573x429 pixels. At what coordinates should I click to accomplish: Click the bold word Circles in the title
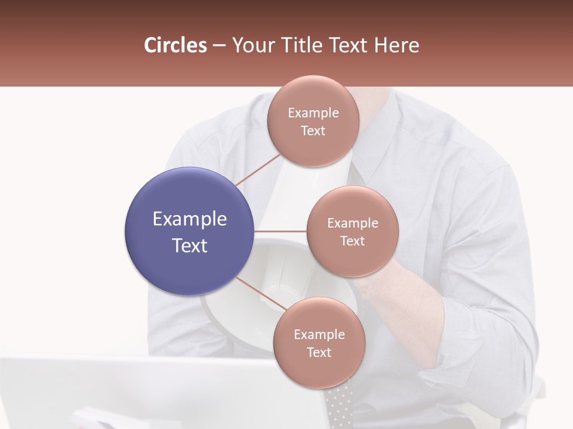click(175, 45)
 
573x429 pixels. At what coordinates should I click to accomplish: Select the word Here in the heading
click(396, 45)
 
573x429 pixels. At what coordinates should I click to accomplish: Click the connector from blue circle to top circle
click(257, 170)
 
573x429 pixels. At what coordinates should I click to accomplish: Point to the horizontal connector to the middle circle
click(280, 231)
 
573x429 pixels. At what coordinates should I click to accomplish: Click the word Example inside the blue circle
click(190, 219)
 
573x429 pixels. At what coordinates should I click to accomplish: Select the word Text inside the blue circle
click(190, 245)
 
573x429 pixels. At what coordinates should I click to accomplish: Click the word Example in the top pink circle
click(313, 113)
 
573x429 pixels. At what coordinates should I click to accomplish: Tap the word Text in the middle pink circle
click(352, 241)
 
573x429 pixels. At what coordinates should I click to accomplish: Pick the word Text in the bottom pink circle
click(319, 353)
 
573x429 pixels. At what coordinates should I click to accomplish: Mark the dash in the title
click(219, 46)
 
